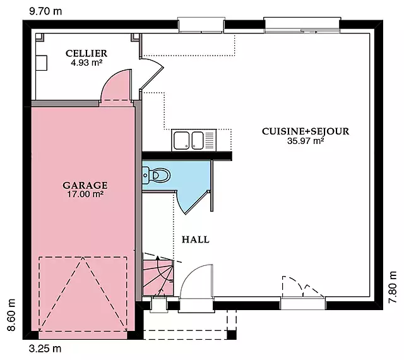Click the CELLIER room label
(86, 54)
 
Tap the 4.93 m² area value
(87, 63)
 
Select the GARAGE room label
(85, 185)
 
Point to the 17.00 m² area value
(85, 194)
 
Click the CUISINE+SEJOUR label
(306, 131)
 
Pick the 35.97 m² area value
(306, 141)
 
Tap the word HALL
(196, 239)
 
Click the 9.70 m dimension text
(45, 11)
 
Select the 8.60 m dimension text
(11, 315)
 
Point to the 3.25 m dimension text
(45, 349)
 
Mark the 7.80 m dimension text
(393, 287)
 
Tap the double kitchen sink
(194, 140)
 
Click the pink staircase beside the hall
(158, 278)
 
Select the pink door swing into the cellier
(116, 85)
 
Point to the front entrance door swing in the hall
(196, 281)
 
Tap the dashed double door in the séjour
(303, 287)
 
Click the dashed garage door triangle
(83, 294)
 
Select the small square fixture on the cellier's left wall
(41, 63)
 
